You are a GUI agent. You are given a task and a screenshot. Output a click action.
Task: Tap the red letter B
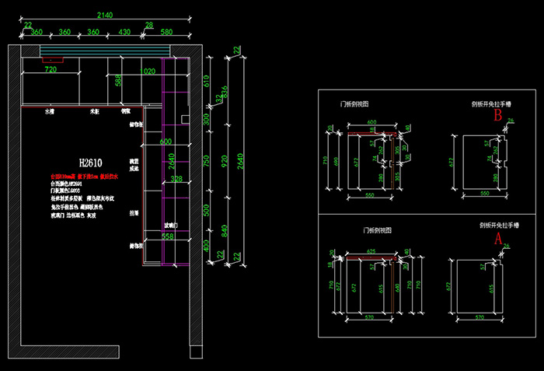497,116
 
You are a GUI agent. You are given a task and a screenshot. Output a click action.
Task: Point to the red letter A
497,239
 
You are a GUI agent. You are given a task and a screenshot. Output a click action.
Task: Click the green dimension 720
51,70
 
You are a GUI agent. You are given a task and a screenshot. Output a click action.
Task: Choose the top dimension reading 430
124,33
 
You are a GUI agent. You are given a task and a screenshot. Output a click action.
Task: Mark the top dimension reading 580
166,33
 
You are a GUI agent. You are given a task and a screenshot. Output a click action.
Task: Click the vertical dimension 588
118,81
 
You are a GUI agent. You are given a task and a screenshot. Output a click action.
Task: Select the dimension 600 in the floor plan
165,142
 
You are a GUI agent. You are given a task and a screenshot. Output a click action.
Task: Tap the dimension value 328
176,179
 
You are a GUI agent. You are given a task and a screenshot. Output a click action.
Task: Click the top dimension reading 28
149,26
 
